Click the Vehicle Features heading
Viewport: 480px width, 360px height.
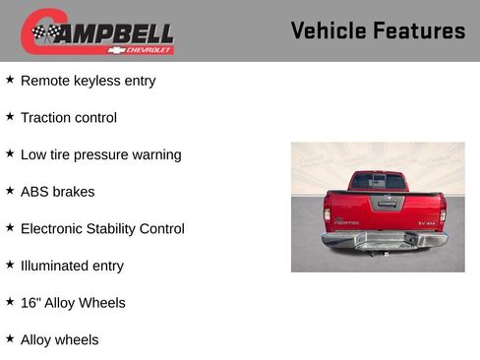pyautogui.click(x=378, y=31)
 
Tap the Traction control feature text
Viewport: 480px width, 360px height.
pyautogui.click(x=68, y=118)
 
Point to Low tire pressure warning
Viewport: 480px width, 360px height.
pyautogui.click(x=100, y=154)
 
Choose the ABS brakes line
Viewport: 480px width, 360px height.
pyautogui.click(x=57, y=192)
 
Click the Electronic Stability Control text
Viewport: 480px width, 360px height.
pyautogui.click(x=102, y=229)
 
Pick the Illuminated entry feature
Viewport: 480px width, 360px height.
pyautogui.click(x=72, y=266)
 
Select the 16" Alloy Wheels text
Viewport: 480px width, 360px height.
pyautogui.click(x=73, y=303)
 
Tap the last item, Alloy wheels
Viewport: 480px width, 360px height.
pyautogui.click(x=59, y=340)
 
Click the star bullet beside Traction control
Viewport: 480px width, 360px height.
pyautogui.click(x=10, y=117)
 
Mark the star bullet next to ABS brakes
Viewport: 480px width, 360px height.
pyautogui.click(x=10, y=191)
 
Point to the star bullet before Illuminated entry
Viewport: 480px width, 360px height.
pyautogui.click(x=10, y=265)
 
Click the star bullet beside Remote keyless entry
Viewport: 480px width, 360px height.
pyautogui.click(x=10, y=80)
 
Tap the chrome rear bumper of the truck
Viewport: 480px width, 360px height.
pyautogui.click(x=384, y=239)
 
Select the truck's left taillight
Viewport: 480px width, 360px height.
pyautogui.click(x=328, y=213)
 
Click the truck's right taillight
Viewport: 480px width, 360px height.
pyautogui.click(x=442, y=213)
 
